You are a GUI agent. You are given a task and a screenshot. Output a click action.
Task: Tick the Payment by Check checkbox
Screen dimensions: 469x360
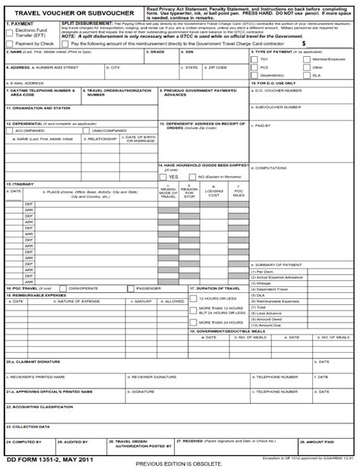coord(9,44)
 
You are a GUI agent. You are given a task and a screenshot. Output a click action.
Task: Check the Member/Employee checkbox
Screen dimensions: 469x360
coord(307,58)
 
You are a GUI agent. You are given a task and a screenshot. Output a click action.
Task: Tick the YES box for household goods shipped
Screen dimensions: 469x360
coord(164,176)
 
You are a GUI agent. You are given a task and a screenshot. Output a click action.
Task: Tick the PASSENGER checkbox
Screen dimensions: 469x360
coord(131,288)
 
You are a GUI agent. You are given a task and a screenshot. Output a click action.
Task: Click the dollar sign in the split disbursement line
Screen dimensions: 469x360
coord(304,44)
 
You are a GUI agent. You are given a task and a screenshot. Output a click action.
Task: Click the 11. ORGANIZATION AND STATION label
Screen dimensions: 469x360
coord(39,108)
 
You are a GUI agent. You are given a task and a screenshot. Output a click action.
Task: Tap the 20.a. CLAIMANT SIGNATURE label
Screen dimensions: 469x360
coord(34,362)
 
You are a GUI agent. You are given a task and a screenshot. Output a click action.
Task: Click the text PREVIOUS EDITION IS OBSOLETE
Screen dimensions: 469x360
coord(179,463)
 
